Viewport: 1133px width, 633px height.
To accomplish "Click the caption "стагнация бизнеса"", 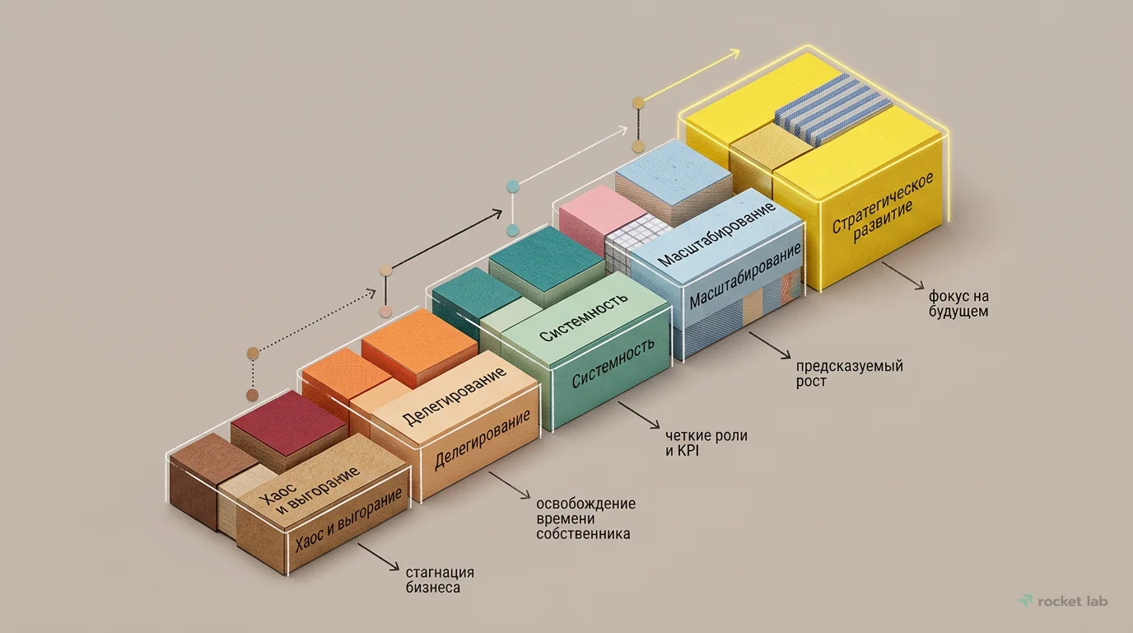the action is pos(440,579).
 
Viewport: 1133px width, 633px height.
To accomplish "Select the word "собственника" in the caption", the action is pos(583,534).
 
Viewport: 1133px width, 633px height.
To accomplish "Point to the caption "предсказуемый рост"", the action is pos(849,373).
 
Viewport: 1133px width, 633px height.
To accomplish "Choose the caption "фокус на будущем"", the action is pos(958,303).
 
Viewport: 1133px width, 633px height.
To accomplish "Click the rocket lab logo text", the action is pos(1073,601).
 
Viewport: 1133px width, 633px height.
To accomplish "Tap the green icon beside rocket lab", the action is pos(1026,601).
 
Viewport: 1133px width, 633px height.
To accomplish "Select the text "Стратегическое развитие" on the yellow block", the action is pos(882,209).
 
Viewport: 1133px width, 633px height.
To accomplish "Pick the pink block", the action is pos(596,212).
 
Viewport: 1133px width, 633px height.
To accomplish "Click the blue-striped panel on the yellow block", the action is pos(833,108).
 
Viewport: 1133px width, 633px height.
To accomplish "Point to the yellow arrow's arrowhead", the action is pos(735,54).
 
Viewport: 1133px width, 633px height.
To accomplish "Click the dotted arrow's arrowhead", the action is pos(372,293).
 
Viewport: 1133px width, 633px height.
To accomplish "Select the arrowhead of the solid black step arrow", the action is pos(497,213).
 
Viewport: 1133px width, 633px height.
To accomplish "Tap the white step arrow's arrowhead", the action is pos(622,130).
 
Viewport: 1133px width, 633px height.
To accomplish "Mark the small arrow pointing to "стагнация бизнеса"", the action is pos(378,557).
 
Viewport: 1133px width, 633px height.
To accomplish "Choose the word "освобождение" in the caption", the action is pos(585,504).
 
